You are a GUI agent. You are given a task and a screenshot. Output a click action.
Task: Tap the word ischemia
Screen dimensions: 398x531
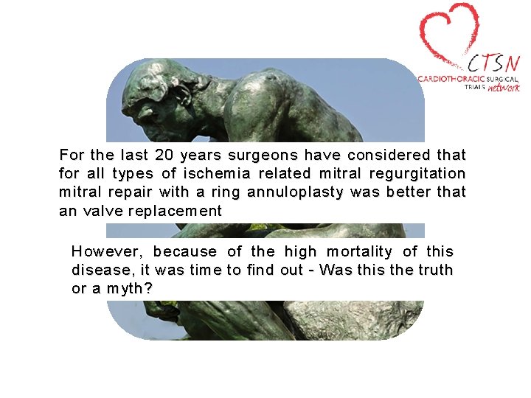285,174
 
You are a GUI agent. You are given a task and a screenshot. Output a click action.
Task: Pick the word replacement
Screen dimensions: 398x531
175,212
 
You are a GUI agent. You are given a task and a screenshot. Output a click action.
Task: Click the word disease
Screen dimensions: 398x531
100,270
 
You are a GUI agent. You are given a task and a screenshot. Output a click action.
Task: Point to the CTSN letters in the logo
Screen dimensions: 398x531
491,63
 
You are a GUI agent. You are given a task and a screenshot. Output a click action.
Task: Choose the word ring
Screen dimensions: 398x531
229,193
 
